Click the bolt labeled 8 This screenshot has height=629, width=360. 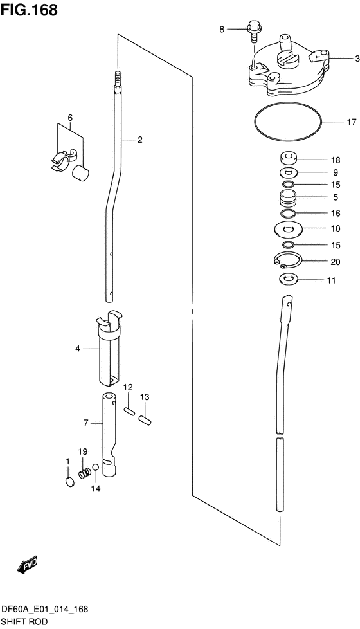(x=254, y=32)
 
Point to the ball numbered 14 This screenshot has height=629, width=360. (x=96, y=467)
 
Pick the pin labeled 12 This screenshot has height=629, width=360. (x=129, y=412)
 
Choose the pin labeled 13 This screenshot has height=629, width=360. (x=144, y=419)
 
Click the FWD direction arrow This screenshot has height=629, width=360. (x=27, y=565)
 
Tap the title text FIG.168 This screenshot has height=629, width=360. (x=29, y=10)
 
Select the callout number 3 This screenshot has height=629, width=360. (x=357, y=59)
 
